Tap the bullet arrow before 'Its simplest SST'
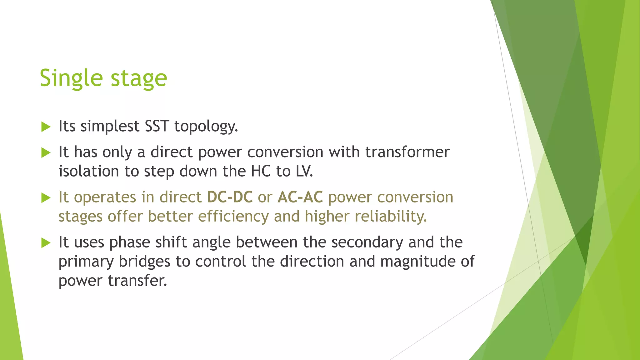(46, 127)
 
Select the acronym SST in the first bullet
(157, 126)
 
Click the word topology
(206, 127)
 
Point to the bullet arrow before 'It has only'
(46, 153)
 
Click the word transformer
(407, 152)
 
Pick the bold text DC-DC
(230, 197)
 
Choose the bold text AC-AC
(300, 197)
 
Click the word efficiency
(233, 216)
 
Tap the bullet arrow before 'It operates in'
(46, 198)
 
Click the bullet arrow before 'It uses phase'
(46, 243)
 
